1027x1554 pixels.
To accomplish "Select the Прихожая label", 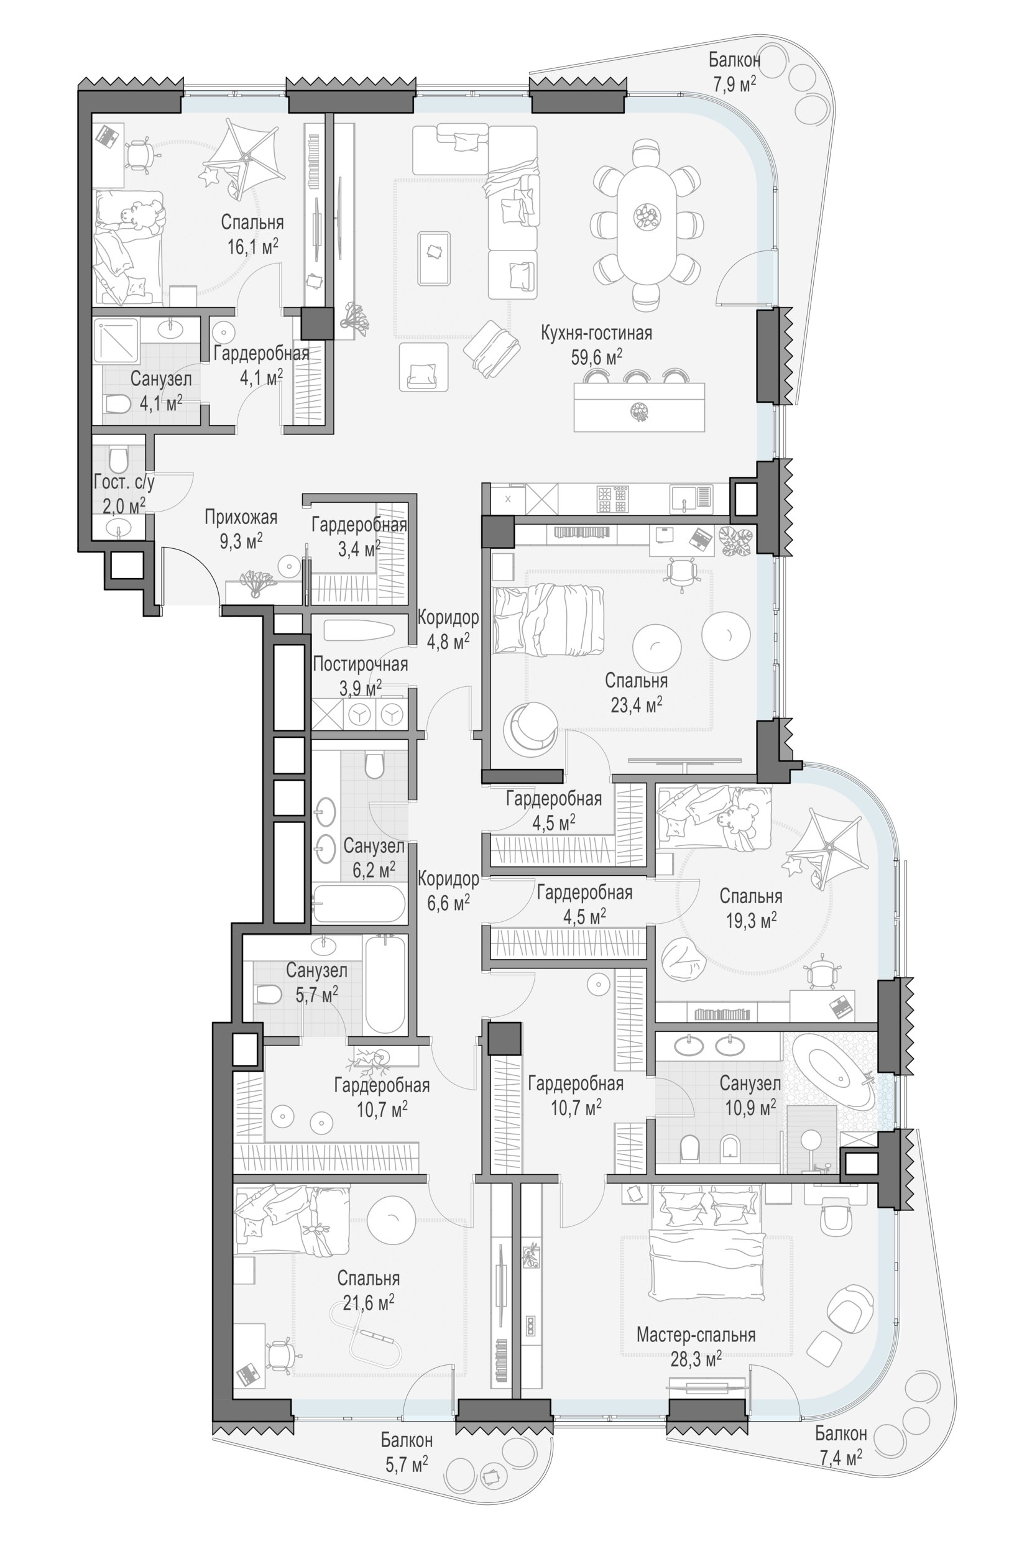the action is click(x=241, y=517).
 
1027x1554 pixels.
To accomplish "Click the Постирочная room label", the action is click(x=359, y=664).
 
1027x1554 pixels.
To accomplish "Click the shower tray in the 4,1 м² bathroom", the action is click(x=116, y=341).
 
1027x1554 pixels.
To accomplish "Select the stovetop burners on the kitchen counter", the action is click(x=613, y=499).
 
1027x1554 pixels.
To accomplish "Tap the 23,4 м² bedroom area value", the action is click(x=636, y=706).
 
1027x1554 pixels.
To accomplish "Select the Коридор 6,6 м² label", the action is click(x=448, y=891).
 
